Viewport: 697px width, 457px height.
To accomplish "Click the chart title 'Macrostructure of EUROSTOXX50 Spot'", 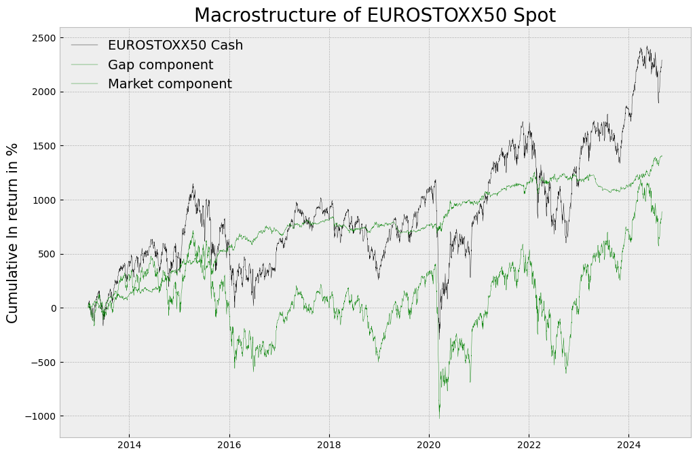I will pyautogui.click(x=375, y=15).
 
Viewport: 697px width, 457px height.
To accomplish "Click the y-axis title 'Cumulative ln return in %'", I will pyautogui.click(x=12, y=233).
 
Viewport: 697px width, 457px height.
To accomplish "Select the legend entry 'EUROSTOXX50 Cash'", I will pyautogui.click(x=175, y=45).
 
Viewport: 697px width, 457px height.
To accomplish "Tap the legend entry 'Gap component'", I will pyautogui.click(x=160, y=65).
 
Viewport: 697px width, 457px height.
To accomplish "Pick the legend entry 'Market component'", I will pyautogui.click(x=170, y=84).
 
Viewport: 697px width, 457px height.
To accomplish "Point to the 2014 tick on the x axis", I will pyautogui.click(x=129, y=445).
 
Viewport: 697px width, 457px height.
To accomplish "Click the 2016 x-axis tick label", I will pyautogui.click(x=229, y=445).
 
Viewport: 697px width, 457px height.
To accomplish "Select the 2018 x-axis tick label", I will pyautogui.click(x=329, y=445).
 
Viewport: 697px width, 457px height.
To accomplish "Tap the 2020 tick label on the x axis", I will pyautogui.click(x=429, y=445).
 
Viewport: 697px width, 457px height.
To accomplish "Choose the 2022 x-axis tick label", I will pyautogui.click(x=529, y=445).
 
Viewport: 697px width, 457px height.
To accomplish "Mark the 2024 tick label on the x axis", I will pyautogui.click(x=628, y=445).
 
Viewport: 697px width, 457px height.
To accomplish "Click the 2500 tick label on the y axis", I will pyautogui.click(x=43, y=38).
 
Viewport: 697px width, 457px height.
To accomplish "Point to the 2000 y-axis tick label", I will pyautogui.click(x=43, y=92).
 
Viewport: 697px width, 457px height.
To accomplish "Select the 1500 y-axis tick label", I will pyautogui.click(x=43, y=146).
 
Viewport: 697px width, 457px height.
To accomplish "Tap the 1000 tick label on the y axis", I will pyautogui.click(x=43, y=200).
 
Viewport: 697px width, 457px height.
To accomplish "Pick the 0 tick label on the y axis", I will pyautogui.click(x=51, y=308).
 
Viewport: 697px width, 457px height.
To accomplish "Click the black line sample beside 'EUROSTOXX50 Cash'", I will pyautogui.click(x=84, y=45).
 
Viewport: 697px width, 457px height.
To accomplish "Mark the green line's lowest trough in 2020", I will pyautogui.click(x=439, y=417).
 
